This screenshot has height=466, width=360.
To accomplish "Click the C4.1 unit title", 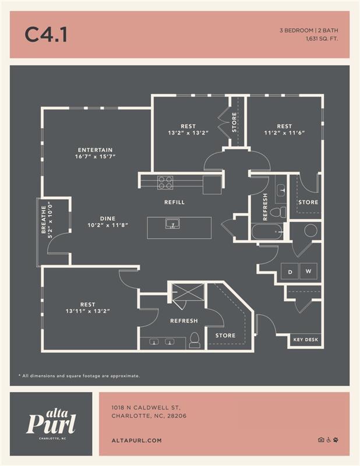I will coord(46,34).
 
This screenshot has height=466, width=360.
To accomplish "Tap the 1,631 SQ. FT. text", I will coord(322,39).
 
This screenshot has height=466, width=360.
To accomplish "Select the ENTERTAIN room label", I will coord(95,150).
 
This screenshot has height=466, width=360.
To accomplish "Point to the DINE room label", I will coord(108,218).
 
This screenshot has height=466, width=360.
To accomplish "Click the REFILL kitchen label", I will coord(174,202).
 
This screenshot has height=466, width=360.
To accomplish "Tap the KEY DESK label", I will coord(306,340).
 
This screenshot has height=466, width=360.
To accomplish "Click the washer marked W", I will coord(308,271).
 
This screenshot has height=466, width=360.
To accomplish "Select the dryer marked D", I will coord(290,271).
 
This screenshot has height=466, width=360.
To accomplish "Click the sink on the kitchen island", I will coord(172,224).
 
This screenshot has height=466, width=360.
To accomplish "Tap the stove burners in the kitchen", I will coord(165,182).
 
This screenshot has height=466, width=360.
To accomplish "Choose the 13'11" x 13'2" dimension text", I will coord(87,311).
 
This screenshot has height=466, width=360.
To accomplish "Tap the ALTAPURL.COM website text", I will coord(136,441).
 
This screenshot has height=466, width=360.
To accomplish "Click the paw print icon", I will coord(336,440).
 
